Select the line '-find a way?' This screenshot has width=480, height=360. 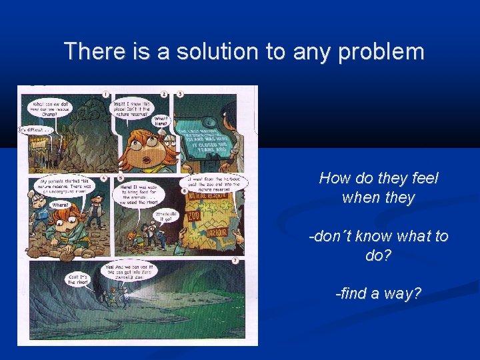click(378, 293)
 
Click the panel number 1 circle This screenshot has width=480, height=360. click(106, 94)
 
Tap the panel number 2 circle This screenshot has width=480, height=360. click(164, 94)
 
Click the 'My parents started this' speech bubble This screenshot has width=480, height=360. click(65, 187)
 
